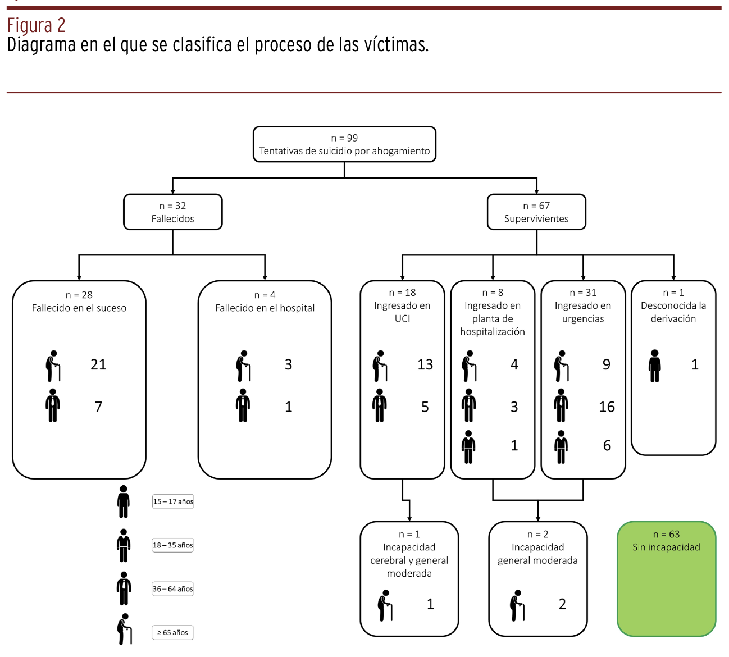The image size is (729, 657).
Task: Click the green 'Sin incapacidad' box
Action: tap(666, 578)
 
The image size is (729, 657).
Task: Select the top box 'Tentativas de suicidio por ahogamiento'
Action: tap(344, 144)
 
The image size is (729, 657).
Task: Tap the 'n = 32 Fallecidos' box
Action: tap(172, 212)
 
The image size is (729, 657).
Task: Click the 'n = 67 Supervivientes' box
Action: tap(536, 212)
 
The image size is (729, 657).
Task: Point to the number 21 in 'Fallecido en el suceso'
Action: tap(98, 364)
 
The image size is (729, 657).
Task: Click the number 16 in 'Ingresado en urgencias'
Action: tap(607, 407)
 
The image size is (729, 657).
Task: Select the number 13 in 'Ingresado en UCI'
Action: tap(425, 364)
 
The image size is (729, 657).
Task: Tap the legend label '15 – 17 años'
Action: tap(173, 501)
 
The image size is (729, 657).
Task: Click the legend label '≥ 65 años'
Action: tap(172, 632)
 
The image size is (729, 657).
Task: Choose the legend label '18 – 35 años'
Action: tap(173, 545)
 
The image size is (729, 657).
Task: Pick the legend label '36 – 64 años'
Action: tap(173, 588)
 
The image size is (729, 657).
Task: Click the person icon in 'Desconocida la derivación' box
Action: tap(654, 366)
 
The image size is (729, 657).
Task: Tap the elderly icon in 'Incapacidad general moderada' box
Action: tap(517, 605)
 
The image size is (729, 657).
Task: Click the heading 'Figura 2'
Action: tap(36, 25)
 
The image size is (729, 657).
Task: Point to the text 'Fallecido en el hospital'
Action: tap(265, 308)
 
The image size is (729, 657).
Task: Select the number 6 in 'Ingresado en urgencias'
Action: tap(607, 445)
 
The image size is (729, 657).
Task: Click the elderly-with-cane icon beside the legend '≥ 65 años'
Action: tap(125, 629)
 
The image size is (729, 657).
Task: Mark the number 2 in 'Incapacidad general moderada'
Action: tap(562, 604)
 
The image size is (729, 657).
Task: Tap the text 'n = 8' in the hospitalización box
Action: tap(493, 293)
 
